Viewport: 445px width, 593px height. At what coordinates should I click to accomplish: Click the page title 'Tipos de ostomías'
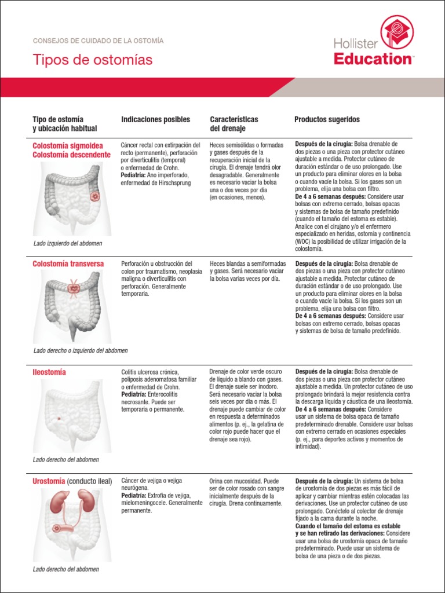point(93,60)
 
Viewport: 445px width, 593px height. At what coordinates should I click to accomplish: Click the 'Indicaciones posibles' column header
point(155,120)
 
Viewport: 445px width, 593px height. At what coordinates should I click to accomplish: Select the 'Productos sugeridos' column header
point(327,120)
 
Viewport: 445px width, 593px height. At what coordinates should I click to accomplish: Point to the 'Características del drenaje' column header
point(234,124)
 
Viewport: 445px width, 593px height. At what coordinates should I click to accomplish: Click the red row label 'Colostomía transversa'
point(68,264)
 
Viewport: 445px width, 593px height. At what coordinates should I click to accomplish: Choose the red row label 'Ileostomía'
point(49,372)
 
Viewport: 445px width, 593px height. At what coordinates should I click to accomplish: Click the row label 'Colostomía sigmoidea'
point(68,146)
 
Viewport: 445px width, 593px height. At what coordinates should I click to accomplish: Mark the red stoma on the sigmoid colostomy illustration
point(95,197)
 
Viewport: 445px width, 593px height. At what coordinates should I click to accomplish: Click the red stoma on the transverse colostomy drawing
point(74,287)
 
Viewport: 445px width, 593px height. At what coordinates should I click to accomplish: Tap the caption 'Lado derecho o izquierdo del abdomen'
point(81,351)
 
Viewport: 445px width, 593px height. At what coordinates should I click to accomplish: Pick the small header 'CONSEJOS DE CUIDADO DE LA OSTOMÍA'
point(98,41)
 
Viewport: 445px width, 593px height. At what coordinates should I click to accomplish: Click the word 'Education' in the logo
point(373,58)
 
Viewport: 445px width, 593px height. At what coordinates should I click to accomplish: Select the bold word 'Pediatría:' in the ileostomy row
point(133,394)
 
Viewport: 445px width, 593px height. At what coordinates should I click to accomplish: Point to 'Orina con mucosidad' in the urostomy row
point(235,481)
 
